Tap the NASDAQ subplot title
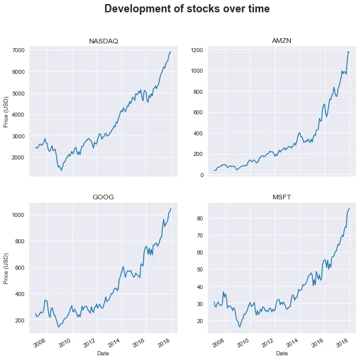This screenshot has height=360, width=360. click(x=103, y=41)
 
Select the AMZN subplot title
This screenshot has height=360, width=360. click(x=281, y=41)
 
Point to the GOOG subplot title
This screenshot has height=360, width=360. click(x=103, y=197)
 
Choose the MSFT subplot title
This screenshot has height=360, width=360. click(x=281, y=197)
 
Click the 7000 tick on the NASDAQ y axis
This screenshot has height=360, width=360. click(x=18, y=50)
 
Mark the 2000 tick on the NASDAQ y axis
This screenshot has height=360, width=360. click(x=18, y=158)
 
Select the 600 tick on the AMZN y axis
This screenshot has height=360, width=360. click(x=198, y=113)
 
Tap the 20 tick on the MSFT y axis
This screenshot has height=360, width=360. click(x=199, y=321)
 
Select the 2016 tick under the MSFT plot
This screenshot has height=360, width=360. click(x=317, y=342)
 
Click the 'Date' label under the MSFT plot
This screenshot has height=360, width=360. click(x=281, y=354)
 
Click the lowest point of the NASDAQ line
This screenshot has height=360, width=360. click(x=61, y=170)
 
